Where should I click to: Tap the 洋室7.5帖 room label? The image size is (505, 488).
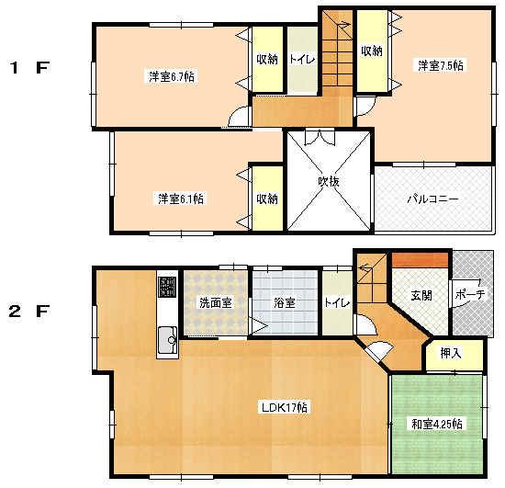pyautogui.click(x=441, y=65)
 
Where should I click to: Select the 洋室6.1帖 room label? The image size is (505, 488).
pyautogui.click(x=180, y=199)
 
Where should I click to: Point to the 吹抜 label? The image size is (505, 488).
pyautogui.click(x=329, y=181)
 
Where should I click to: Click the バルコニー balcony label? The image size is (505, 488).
pyautogui.click(x=433, y=199)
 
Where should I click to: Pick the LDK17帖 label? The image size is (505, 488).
pyautogui.click(x=284, y=406)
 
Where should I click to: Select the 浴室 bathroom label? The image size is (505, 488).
pyautogui.click(x=284, y=303)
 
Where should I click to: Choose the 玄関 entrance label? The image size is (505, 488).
pyautogui.click(x=421, y=296)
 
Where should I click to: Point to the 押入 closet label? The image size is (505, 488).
pyautogui.click(x=450, y=353)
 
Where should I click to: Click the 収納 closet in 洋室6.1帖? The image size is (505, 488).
pyautogui.click(x=267, y=199)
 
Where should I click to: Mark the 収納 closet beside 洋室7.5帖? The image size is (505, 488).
pyautogui.click(x=372, y=51)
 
